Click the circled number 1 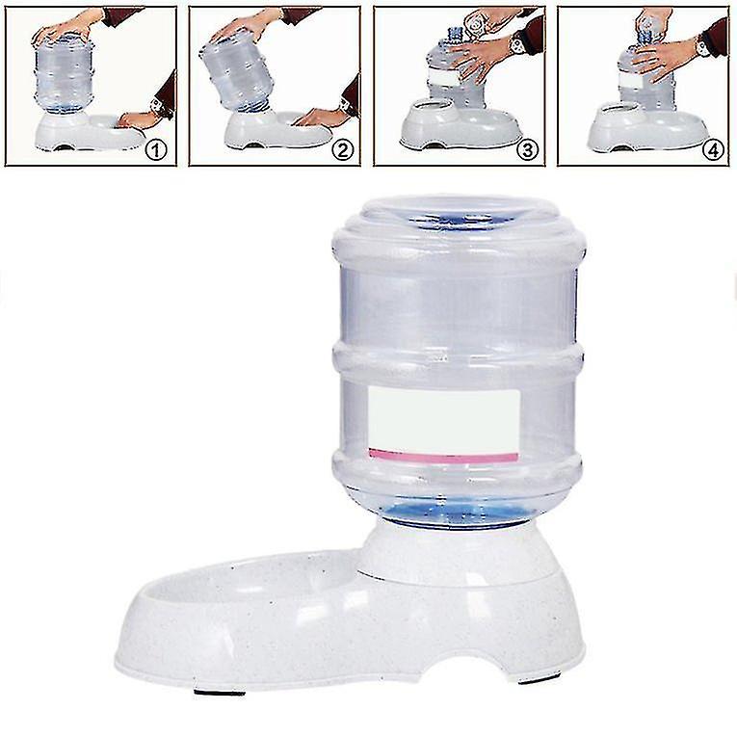tap(156, 150)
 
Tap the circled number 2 tap(342, 150)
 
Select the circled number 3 tap(527, 150)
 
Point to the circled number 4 tap(713, 150)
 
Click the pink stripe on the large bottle tap(443, 456)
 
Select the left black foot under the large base tap(219, 693)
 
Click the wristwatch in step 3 tap(517, 45)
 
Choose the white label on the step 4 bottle tap(634, 79)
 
